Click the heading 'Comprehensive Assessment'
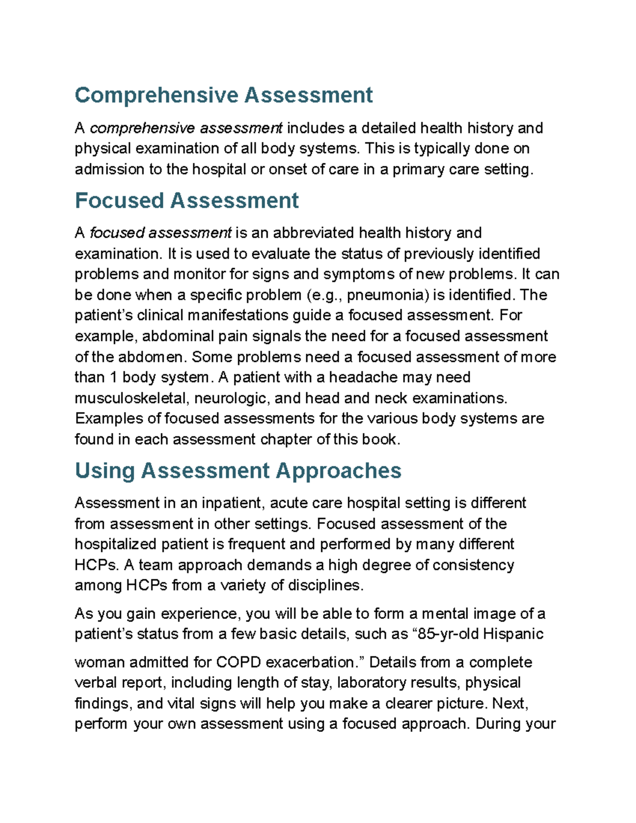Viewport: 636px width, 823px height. point(223,95)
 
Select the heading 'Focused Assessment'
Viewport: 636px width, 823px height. point(187,201)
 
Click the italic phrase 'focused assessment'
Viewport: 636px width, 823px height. point(161,233)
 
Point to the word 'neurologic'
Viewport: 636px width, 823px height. point(233,399)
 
